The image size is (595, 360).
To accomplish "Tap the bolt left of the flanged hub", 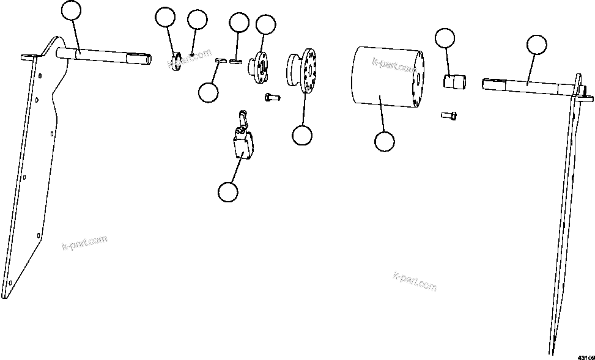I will point(271,96).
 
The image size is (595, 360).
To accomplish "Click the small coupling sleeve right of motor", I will point(453,81).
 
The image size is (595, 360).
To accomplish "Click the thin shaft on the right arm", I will point(526,85).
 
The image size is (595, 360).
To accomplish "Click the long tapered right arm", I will point(566,214).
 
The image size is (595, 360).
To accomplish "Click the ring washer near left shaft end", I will point(177,62).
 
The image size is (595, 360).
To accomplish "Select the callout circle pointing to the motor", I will point(384,141).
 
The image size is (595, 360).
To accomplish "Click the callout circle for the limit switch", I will point(227,191).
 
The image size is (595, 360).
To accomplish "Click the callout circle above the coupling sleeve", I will point(445,38).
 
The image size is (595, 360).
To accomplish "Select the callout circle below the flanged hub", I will point(301,135).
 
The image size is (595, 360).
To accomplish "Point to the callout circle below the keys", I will point(209,93).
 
